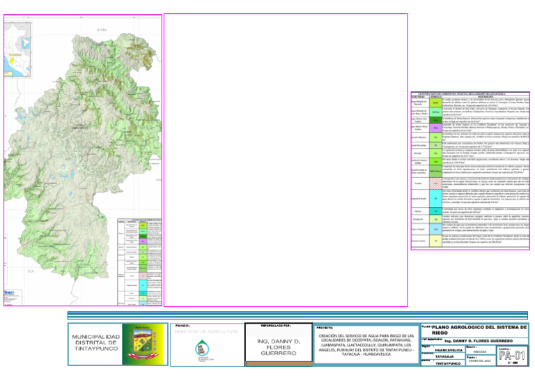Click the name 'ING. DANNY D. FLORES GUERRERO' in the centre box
coord(278,347)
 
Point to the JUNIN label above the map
coord(103,29)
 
